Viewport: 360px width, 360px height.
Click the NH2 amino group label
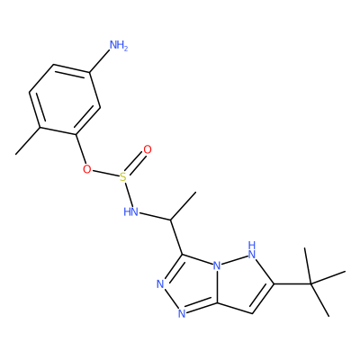(x=119, y=46)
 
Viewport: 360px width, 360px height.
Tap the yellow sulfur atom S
(x=123, y=177)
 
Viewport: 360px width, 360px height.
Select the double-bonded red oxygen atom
(x=148, y=149)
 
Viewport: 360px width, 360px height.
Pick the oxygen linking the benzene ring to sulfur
(x=87, y=169)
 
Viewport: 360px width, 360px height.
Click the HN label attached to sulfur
(x=131, y=212)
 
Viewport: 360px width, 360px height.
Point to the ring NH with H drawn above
(x=252, y=250)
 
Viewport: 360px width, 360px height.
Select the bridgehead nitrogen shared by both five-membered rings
(x=217, y=265)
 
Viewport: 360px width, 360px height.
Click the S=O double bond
(x=135, y=164)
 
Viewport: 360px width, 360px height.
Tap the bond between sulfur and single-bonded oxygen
(x=105, y=174)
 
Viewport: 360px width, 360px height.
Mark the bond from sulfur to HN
(x=128, y=194)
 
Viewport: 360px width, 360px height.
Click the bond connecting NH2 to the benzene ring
(x=99, y=61)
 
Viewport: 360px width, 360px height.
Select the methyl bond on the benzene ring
(x=28, y=141)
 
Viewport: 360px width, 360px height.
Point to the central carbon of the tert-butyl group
(x=310, y=283)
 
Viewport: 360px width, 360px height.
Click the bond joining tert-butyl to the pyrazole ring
(x=292, y=283)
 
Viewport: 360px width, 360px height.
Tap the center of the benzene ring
(x=65, y=99)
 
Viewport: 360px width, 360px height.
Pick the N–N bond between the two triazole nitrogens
(x=172, y=299)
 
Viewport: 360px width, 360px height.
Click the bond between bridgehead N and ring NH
(x=234, y=260)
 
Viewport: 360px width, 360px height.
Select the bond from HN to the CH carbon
(x=155, y=217)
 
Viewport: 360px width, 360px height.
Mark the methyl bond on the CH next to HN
(x=184, y=206)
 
